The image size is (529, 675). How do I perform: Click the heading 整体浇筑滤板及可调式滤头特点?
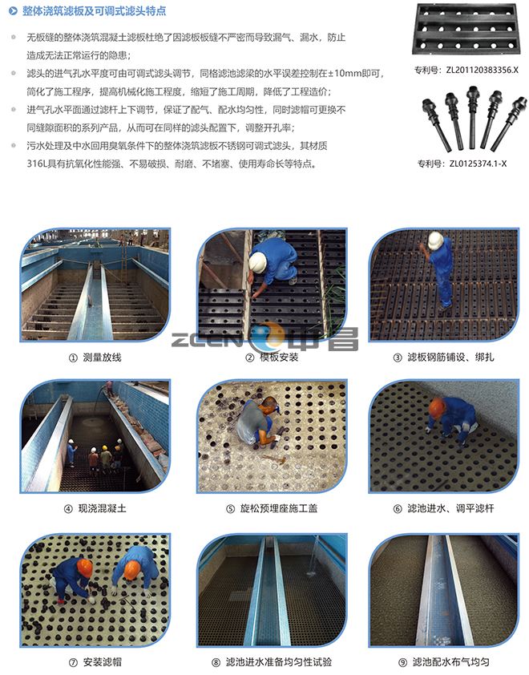pos(95,10)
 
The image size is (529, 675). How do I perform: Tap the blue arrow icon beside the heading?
pos(14,11)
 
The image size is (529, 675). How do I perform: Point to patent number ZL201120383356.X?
pos(466,71)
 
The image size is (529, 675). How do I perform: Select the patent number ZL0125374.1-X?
pos(462,164)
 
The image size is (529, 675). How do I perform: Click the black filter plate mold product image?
pos(466,29)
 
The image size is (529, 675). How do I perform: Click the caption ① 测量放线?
pos(95,358)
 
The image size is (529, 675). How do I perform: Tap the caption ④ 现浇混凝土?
pos(95,508)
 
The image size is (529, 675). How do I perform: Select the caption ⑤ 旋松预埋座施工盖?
pos(272,508)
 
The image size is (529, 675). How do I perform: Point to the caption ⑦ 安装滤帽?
pos(95,661)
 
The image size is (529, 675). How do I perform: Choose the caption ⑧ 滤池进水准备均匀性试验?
pos(272,661)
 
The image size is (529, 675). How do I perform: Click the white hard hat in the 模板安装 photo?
pos(257,262)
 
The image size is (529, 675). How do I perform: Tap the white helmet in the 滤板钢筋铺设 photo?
pos(435,240)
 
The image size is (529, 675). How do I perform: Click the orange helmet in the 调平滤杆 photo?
pos(437,408)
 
